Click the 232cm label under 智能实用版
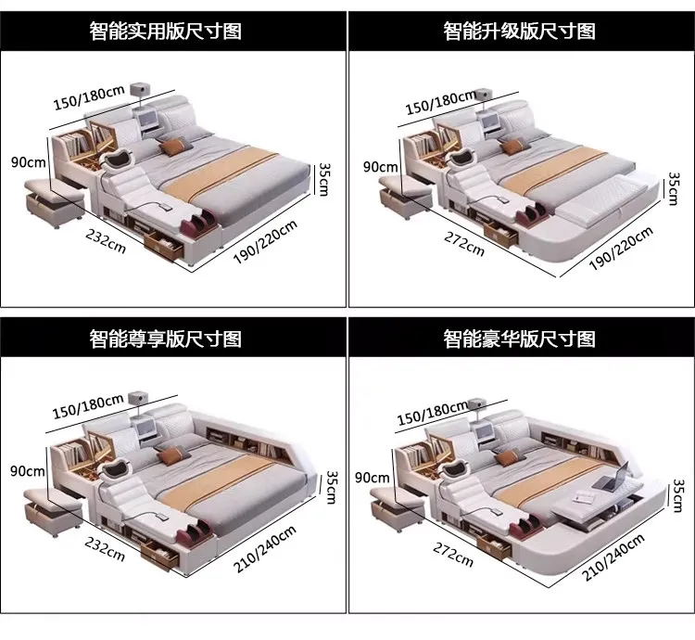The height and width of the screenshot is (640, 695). coord(106,242)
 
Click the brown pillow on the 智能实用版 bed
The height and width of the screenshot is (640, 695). coord(173,147)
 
